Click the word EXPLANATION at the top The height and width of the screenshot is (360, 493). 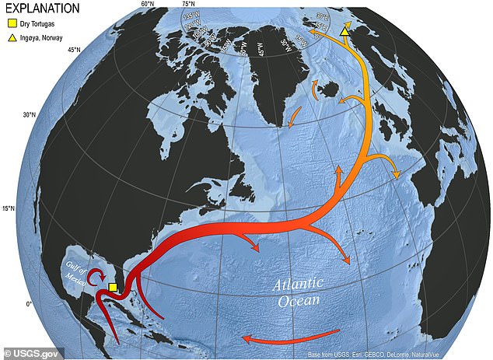click(41, 9)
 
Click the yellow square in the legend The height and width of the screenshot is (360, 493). click(13, 25)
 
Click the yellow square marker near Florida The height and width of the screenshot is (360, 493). click(114, 288)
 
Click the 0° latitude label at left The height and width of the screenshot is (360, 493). click(29, 303)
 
